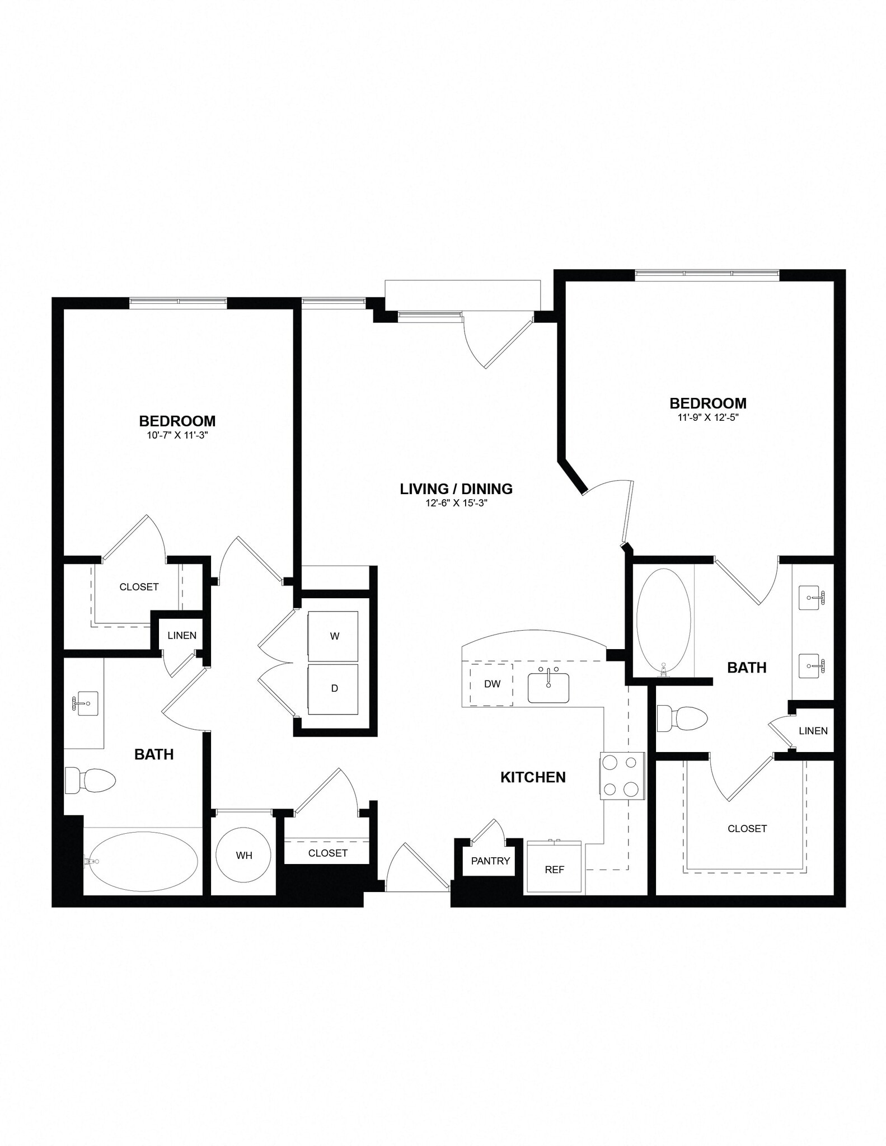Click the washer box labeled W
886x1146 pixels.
click(x=333, y=636)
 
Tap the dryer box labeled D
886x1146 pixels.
click(x=333, y=689)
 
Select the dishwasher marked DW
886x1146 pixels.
click(x=491, y=684)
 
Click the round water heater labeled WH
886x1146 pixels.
click(x=243, y=855)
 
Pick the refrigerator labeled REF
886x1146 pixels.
click(x=554, y=869)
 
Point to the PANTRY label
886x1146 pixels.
click(x=490, y=861)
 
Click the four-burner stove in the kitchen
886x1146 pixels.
click(x=621, y=776)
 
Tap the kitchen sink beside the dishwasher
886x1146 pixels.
click(x=548, y=687)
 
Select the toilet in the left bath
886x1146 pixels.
click(x=90, y=779)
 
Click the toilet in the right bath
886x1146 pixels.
click(x=682, y=718)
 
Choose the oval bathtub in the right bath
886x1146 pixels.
click(x=664, y=619)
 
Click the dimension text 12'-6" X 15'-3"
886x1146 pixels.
click(x=456, y=503)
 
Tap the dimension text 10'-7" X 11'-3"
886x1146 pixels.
click(x=177, y=435)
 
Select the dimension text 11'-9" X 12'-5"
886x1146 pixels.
click(x=708, y=417)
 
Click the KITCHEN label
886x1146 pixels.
click(x=533, y=777)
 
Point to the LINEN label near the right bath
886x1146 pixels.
click(x=813, y=731)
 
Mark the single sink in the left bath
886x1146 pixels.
click(x=87, y=703)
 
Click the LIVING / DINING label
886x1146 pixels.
click(x=456, y=489)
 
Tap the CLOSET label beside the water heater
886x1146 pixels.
click(x=327, y=853)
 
